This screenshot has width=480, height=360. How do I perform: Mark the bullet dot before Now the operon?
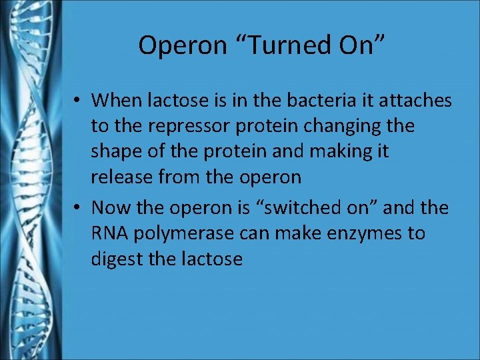(x=78, y=208)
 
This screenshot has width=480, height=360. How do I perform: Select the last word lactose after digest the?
(x=213, y=258)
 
